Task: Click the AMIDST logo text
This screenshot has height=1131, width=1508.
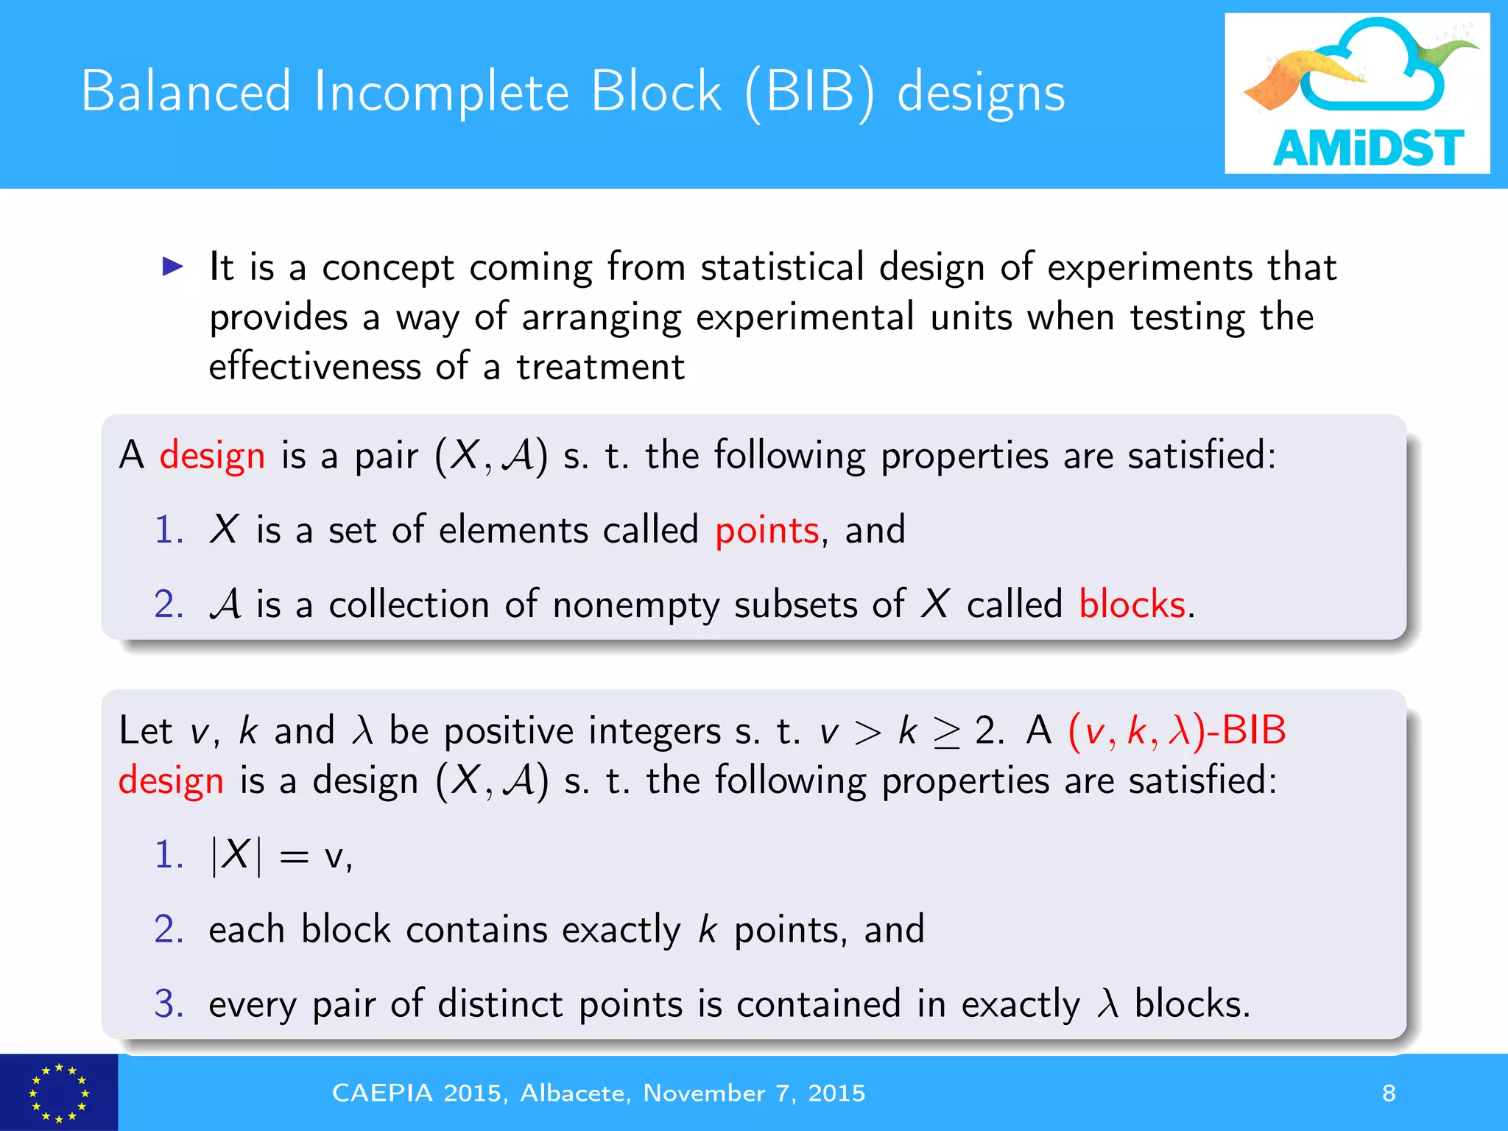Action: click(1368, 147)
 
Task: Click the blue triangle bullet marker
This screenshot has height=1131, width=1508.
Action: click(172, 266)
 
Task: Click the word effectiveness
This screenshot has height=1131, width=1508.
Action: click(314, 367)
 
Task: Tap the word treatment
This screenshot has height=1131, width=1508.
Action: click(600, 367)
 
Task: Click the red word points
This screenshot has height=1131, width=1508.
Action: click(767, 530)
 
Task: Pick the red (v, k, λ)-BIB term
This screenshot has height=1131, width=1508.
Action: click(1177, 730)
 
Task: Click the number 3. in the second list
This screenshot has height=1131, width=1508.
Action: click(169, 1004)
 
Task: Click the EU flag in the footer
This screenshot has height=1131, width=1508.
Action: click(58, 1093)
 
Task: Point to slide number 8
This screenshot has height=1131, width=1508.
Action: click(1389, 1093)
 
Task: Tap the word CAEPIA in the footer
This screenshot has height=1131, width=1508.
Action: click(382, 1093)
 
